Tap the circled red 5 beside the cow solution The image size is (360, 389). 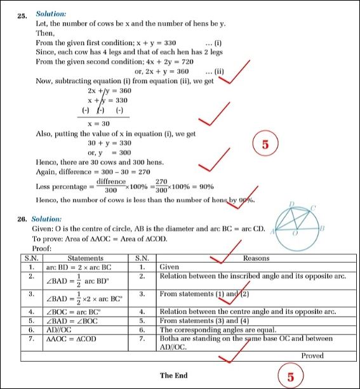click(x=266, y=144)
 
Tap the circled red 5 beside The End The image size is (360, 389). click(x=290, y=377)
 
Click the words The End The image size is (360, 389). click(x=174, y=376)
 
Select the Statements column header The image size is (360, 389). click(x=85, y=258)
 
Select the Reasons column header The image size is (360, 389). click(x=256, y=258)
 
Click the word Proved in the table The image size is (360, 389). click(x=312, y=356)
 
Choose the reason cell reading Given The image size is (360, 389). click(x=170, y=267)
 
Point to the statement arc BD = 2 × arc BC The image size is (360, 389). click(x=75, y=267)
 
